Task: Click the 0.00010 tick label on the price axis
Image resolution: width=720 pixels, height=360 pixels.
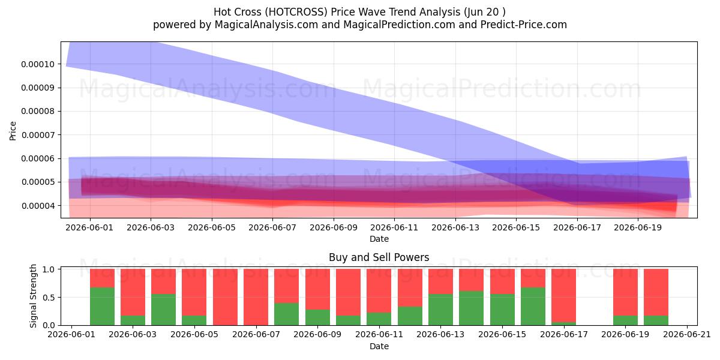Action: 38,64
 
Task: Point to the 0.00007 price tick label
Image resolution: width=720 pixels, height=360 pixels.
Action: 38,135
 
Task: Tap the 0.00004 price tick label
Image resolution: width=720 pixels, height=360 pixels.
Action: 38,206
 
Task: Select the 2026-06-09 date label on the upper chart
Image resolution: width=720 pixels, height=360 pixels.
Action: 334,227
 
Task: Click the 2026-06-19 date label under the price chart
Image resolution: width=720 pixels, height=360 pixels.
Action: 638,227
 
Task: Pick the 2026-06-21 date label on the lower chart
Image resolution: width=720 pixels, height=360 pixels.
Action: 687,335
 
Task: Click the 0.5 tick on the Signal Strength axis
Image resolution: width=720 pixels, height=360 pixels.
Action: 49,298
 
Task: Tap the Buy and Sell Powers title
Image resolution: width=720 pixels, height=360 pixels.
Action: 379,257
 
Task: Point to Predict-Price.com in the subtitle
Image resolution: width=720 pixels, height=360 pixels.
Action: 524,25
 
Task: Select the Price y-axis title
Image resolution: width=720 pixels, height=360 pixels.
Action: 13,131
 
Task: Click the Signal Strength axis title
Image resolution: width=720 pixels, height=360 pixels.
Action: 33,296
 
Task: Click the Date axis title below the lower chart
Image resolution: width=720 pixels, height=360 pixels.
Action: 379,347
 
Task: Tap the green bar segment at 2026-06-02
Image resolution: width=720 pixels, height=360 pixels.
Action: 102,307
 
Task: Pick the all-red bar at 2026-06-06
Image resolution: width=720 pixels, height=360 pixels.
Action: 225,297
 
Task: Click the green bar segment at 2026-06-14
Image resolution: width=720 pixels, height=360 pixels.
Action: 471,308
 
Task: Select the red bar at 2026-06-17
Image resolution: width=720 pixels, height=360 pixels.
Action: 563,296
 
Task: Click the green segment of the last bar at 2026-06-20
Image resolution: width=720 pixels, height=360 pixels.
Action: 656,320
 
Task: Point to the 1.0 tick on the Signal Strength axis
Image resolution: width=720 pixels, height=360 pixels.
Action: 49,269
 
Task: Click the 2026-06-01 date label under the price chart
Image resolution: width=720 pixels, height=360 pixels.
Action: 89,227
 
